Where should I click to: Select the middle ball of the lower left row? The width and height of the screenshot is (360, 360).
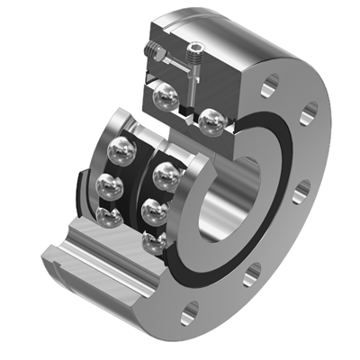coord(111,186)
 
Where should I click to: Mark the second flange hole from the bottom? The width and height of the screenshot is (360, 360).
coord(251,270)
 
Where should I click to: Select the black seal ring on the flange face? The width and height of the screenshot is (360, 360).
coord(270,225)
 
